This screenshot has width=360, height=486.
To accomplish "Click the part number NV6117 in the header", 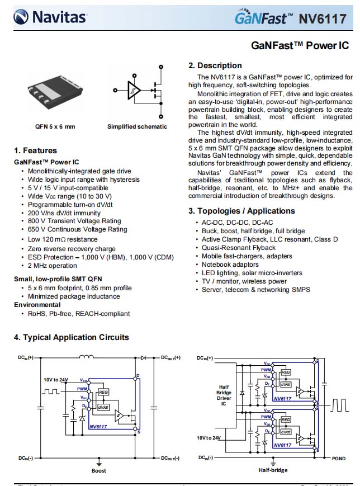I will [x=323, y=19].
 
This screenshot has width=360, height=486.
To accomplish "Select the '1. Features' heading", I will [x=35, y=150].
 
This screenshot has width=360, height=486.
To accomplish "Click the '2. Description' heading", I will [x=215, y=65].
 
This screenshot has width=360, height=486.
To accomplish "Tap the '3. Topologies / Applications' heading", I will [x=241, y=211].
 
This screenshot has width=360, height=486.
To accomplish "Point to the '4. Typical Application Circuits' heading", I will [x=72, y=337].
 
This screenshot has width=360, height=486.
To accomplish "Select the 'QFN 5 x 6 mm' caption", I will [x=55, y=126].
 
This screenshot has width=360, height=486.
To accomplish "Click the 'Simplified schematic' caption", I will [x=137, y=126].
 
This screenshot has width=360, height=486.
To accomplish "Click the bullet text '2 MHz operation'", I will [x=53, y=266].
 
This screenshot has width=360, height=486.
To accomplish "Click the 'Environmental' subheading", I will [x=37, y=305].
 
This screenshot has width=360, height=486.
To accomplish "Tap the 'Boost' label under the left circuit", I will [x=99, y=471].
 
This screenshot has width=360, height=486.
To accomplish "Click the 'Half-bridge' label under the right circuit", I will [x=273, y=470].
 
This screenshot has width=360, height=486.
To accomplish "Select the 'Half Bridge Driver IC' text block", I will [x=223, y=395].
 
